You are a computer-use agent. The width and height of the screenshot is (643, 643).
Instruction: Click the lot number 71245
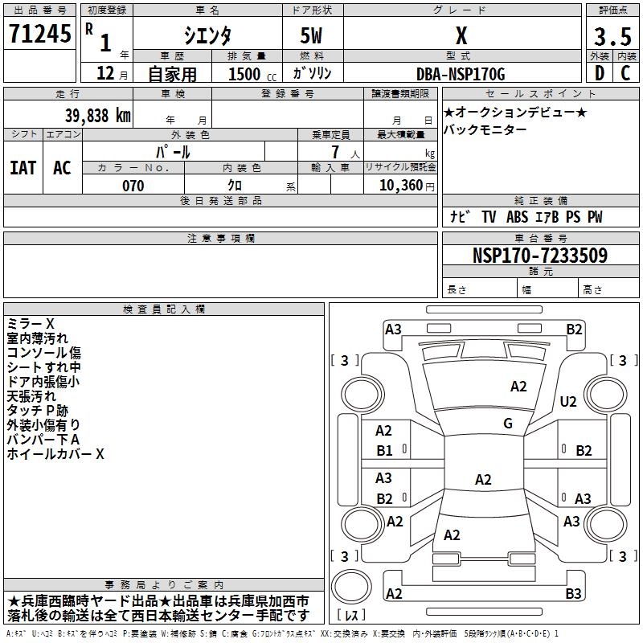click(x=39, y=34)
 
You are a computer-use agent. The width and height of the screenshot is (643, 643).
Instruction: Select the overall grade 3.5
click(x=612, y=37)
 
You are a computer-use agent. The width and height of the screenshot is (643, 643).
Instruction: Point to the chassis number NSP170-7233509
click(x=539, y=256)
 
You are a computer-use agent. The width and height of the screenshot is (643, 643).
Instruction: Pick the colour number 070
click(x=133, y=186)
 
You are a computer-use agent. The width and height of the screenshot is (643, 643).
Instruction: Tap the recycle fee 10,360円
click(x=399, y=186)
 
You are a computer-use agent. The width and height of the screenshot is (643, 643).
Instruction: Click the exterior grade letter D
click(x=599, y=74)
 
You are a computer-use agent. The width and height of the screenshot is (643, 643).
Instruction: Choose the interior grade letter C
click(x=625, y=74)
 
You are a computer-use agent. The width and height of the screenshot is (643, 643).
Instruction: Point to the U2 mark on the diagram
click(x=568, y=402)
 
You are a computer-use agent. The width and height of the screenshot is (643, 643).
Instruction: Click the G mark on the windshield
click(x=508, y=424)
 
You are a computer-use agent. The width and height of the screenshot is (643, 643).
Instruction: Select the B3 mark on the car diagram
click(x=573, y=594)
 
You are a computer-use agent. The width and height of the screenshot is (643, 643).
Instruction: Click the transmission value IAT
click(x=23, y=167)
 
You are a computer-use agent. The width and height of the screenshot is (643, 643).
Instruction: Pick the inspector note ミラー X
click(x=31, y=323)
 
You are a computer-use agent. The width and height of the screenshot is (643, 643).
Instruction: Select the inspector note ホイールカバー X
click(x=55, y=453)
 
